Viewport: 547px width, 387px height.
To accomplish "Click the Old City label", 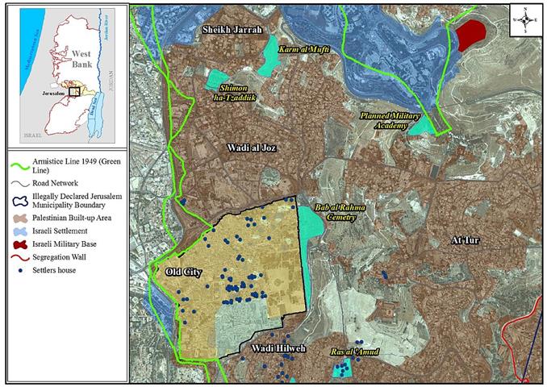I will pyautogui.click(x=183, y=272).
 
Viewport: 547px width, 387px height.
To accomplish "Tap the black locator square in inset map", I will pyautogui.click(x=73, y=91).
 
